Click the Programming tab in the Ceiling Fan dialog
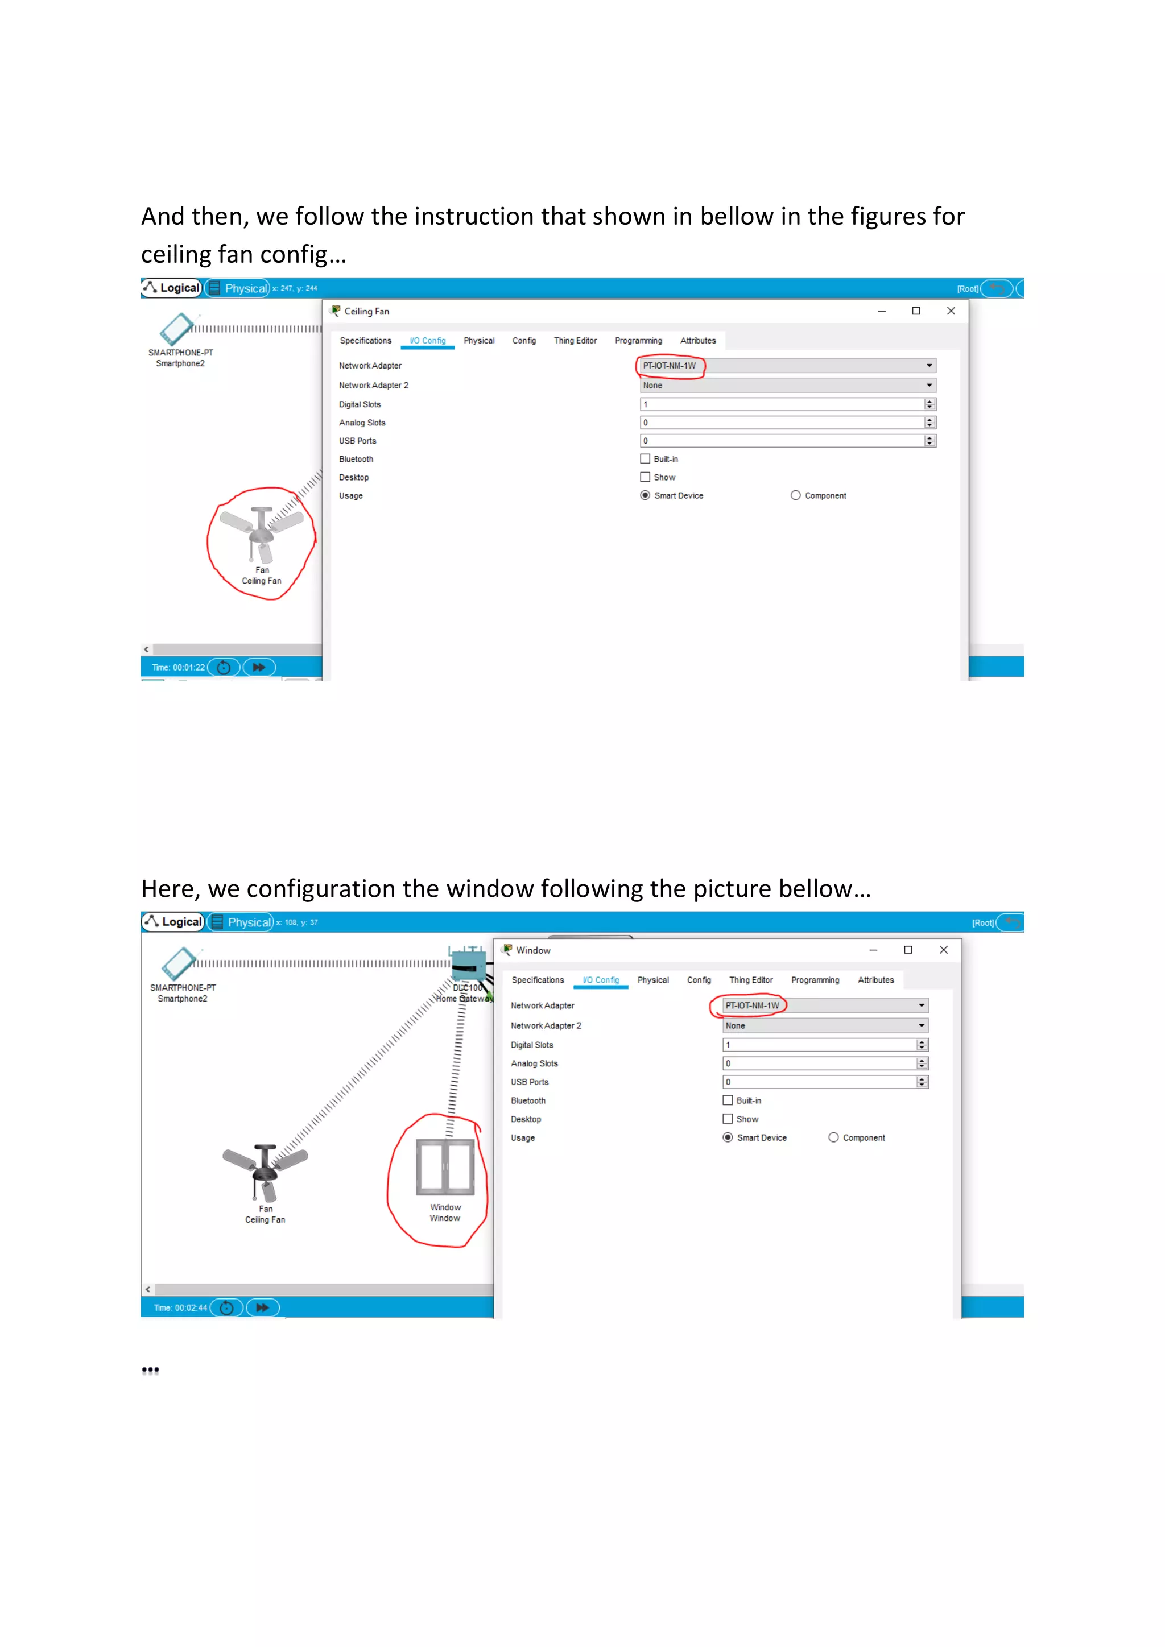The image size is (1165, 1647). coord(638,341)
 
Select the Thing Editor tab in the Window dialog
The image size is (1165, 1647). coord(750,980)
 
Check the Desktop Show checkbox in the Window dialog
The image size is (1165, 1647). coord(728,1119)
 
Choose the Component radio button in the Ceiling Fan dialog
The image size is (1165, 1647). coord(795,496)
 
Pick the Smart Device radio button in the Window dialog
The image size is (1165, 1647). coord(728,1137)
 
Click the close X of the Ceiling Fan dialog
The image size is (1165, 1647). coord(951,311)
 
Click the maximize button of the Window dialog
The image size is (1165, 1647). coord(907,950)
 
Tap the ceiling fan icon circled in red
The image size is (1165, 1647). coord(261,535)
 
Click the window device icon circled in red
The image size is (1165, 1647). coord(445,1167)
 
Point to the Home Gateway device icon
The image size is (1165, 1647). coord(468,964)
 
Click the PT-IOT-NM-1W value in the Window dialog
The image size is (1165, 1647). coord(752,1005)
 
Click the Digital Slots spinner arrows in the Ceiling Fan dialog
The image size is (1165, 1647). coord(929,404)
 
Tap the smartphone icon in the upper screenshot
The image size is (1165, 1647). coord(176,329)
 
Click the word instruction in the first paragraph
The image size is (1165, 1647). coord(474,217)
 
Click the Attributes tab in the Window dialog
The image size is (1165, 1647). coord(875,980)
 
